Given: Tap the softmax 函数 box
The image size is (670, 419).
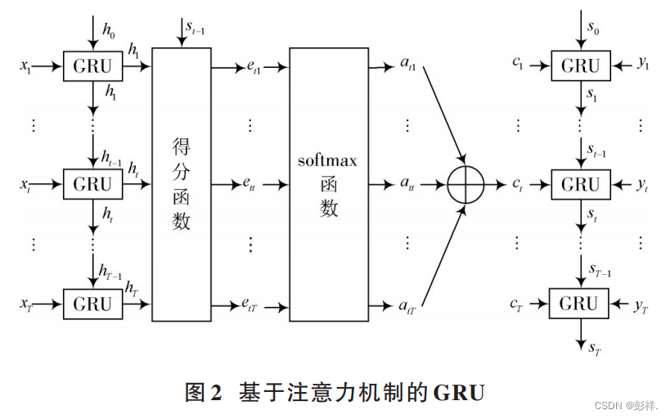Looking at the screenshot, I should coord(328,184).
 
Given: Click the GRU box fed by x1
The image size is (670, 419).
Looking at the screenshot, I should coord(92,65).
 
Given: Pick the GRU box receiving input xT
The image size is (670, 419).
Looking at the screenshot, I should coord(92,304).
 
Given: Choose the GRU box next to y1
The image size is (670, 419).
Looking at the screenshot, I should coord(579,65).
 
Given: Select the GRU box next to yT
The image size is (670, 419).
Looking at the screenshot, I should coord(579,304).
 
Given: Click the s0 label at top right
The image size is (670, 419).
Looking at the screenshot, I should coord(593,30).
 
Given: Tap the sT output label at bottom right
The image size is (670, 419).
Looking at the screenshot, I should coord(595,349).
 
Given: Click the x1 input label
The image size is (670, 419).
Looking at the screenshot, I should coord(26,65).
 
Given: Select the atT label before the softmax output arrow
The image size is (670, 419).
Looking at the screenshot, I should coord(407,308).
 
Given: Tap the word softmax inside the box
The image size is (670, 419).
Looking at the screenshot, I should coord(327,160).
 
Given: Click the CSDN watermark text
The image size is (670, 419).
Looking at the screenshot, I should coord(609,406).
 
